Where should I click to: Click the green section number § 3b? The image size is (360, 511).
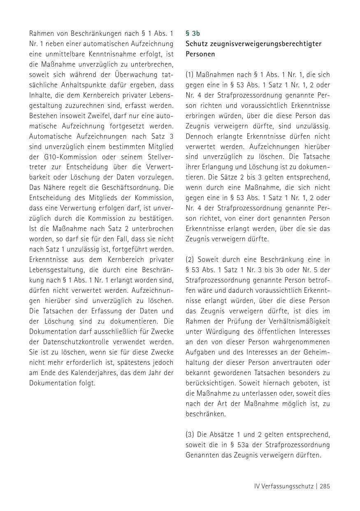click(x=193, y=33)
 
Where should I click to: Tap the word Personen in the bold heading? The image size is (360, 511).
click(x=200, y=54)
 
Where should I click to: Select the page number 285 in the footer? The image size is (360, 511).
click(x=325, y=486)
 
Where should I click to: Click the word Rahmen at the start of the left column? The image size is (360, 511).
click(x=41, y=33)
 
